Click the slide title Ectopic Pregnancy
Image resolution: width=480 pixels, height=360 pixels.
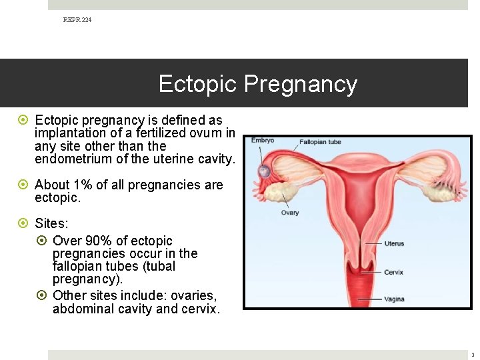pyautogui.click(x=257, y=84)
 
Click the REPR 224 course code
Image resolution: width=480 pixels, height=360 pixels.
pyautogui.click(x=77, y=20)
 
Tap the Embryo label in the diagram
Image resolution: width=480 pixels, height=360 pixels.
pyautogui.click(x=262, y=141)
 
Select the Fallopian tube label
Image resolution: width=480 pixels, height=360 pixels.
pyautogui.click(x=320, y=142)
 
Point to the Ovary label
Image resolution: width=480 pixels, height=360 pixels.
pyautogui.click(x=290, y=213)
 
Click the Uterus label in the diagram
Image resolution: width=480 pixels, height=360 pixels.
pyautogui.click(x=394, y=243)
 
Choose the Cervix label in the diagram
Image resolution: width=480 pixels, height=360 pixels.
pyautogui.click(x=393, y=272)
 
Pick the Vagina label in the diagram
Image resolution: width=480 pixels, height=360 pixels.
pyautogui.click(x=394, y=299)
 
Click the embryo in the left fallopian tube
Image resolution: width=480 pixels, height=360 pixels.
pyautogui.click(x=264, y=171)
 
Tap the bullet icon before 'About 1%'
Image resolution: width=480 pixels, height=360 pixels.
pyautogui.click(x=23, y=185)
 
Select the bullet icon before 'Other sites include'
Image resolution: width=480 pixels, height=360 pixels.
pyautogui.click(x=41, y=295)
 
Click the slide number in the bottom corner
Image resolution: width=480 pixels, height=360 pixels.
pyautogui.click(x=472, y=355)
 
